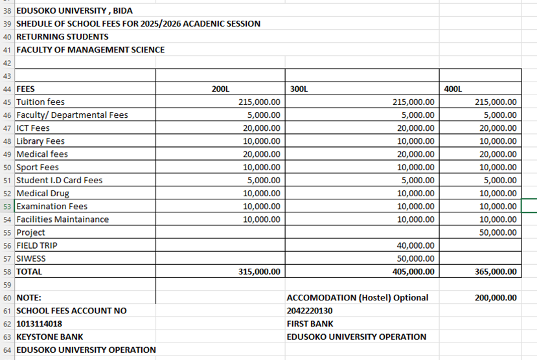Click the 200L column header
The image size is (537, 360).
220,89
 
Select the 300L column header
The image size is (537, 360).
297,89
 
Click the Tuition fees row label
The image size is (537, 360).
40,102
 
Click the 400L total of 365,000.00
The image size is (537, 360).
496,271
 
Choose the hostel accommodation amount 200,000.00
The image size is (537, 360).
496,298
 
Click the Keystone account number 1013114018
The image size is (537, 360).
39,324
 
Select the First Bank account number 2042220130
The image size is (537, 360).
310,311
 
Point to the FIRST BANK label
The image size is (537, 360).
310,324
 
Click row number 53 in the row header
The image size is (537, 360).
7,206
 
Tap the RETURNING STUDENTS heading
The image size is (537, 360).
62,37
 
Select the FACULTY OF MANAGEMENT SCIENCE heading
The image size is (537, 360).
90,50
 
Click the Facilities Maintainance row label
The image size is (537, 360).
62,219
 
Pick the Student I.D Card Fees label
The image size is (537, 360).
59,180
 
